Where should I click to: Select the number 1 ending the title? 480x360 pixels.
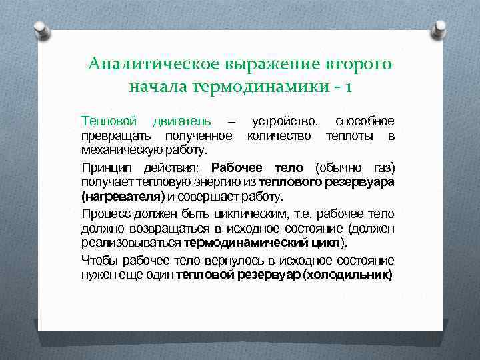(349, 87)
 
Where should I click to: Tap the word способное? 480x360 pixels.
(364, 121)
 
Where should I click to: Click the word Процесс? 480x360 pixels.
(105, 214)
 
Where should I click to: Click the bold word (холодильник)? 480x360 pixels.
(347, 275)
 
